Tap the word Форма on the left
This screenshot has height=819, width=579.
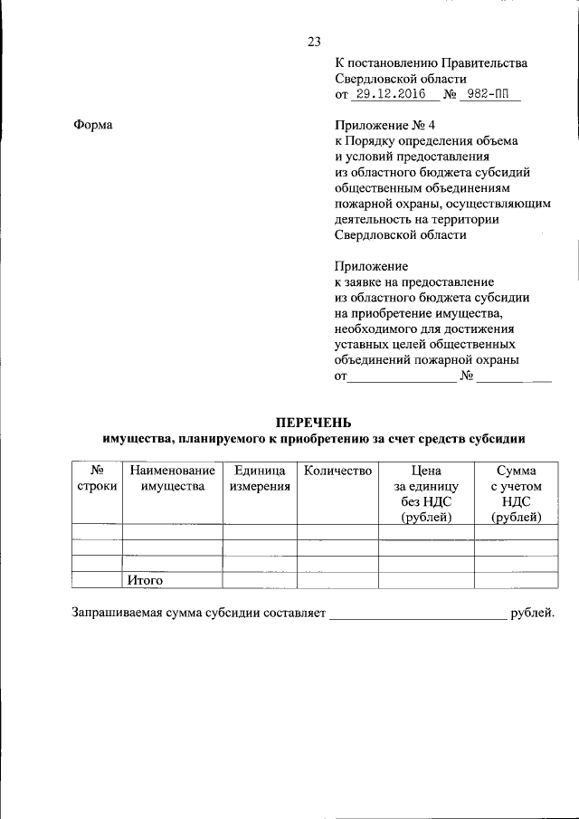[92, 124]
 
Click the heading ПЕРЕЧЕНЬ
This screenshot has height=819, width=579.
[313, 423]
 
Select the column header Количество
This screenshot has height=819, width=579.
[337, 471]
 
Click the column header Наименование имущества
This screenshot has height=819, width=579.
[172, 479]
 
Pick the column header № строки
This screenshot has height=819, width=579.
[97, 479]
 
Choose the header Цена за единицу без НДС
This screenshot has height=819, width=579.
[426, 493]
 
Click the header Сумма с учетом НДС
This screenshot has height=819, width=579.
[516, 493]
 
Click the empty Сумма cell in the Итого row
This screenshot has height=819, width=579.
[516, 580]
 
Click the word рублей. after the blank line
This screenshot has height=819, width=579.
[532, 613]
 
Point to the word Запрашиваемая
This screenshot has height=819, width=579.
[118, 613]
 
